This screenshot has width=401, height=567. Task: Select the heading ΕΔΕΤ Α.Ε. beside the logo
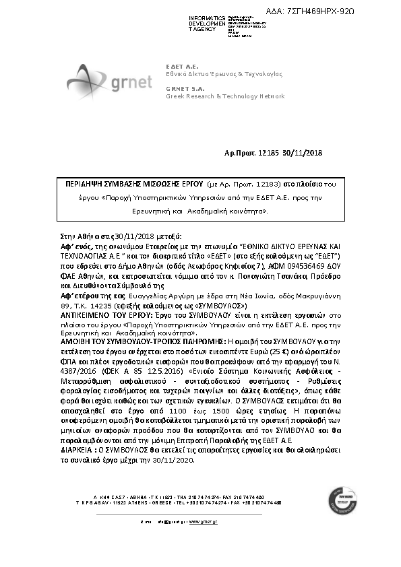(x=180, y=66)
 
